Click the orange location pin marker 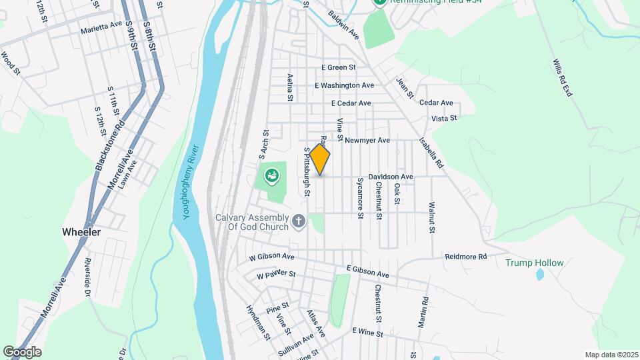click(x=320, y=159)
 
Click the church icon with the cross click(x=299, y=221)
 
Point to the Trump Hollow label click(x=534, y=263)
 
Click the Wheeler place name click(x=81, y=232)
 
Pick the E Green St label click(x=338, y=67)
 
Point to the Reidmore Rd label click(x=466, y=257)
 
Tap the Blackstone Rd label click(x=110, y=145)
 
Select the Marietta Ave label click(x=101, y=24)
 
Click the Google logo click(x=22, y=351)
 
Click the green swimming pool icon click(x=272, y=177)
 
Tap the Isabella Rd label click(x=431, y=152)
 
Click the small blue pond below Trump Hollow click(x=539, y=275)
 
